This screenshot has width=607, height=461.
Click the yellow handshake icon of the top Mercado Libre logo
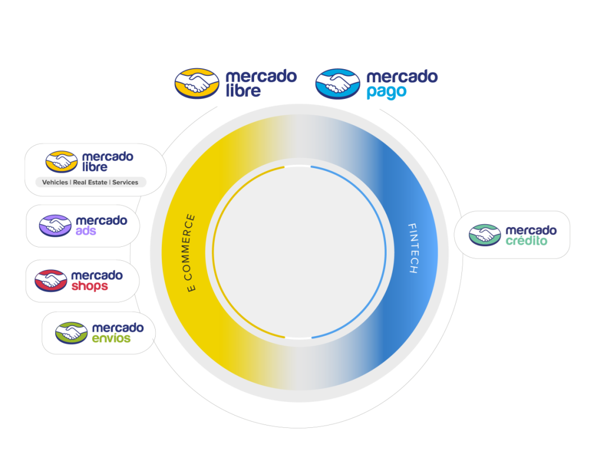click(x=197, y=83)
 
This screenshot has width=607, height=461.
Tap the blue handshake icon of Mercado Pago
click(x=337, y=84)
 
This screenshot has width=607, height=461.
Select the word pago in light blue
click(x=386, y=92)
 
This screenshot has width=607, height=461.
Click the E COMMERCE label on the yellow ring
click(x=191, y=253)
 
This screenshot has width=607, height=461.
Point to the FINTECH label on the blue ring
click(x=413, y=248)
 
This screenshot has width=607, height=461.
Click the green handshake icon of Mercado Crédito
click(x=484, y=235)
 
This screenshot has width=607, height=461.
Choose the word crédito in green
click(x=527, y=241)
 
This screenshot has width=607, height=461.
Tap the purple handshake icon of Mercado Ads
click(x=55, y=225)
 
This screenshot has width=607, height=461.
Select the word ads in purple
click(x=86, y=231)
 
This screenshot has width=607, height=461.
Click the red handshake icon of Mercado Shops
click(x=51, y=281)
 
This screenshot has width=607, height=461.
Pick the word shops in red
click(x=89, y=286)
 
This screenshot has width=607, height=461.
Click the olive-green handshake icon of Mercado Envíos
click(x=71, y=333)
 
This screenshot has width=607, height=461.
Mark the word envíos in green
click(x=111, y=338)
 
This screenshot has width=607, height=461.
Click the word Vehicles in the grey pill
click(x=55, y=183)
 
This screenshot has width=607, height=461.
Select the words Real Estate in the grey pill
click(x=90, y=183)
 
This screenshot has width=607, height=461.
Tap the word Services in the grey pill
click(x=125, y=183)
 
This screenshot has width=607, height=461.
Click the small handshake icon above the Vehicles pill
click(x=61, y=162)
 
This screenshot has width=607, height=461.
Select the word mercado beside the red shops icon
click(x=97, y=275)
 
